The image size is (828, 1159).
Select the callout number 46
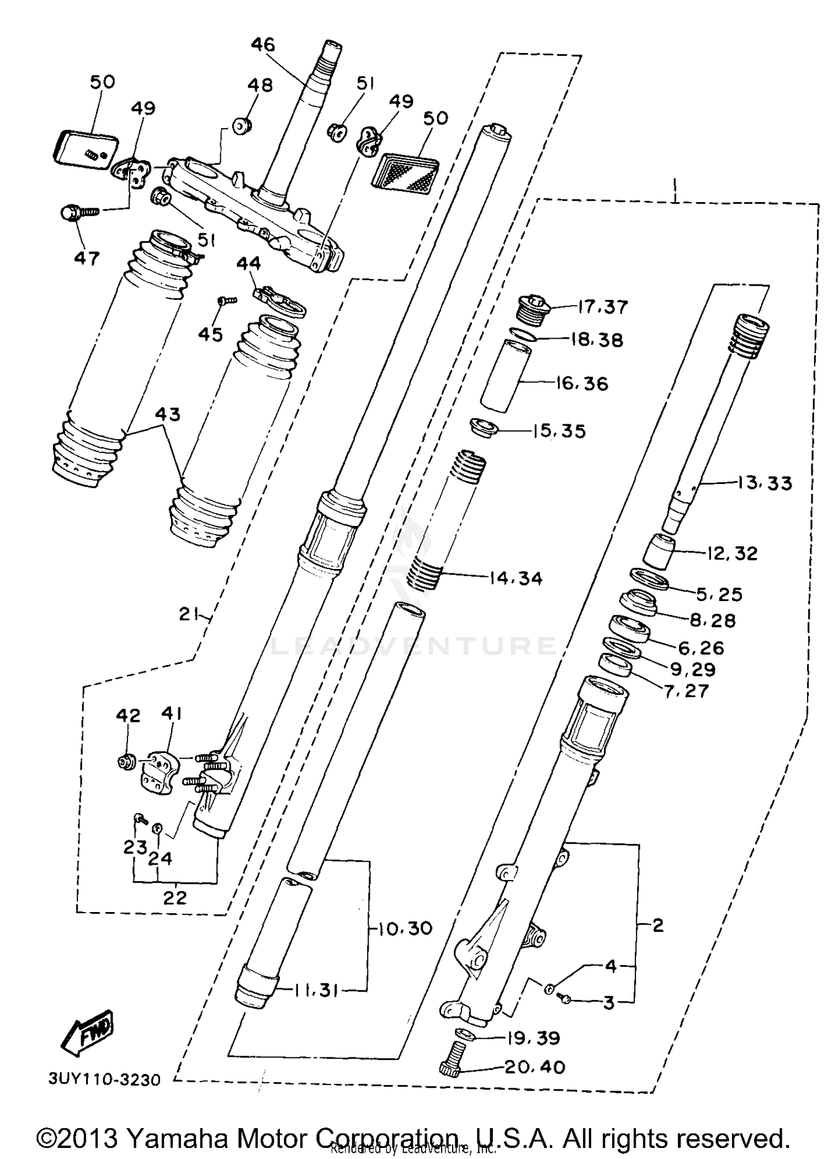(263, 44)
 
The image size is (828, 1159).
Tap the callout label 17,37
(603, 307)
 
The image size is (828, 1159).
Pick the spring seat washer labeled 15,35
(484, 428)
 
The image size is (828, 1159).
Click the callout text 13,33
(764, 483)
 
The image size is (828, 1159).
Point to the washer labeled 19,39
(466, 1034)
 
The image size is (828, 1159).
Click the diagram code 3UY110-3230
(104, 1079)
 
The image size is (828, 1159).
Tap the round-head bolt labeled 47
(70, 213)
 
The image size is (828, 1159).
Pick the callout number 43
(168, 414)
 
